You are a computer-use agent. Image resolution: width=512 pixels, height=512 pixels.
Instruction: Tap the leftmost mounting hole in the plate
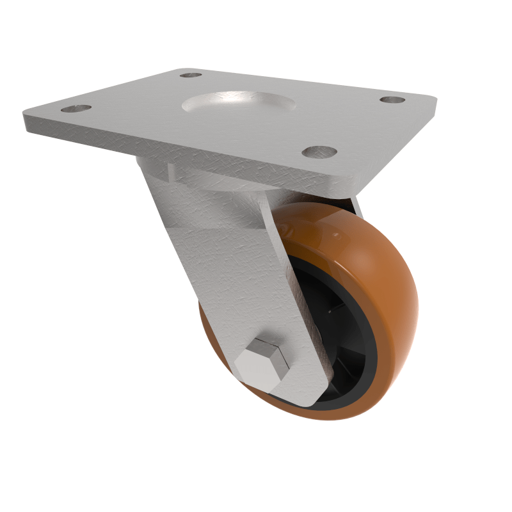(76, 108)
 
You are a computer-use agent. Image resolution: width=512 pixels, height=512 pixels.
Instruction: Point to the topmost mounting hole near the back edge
(191, 75)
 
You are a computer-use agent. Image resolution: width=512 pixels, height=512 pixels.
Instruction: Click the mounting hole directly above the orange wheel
(319, 152)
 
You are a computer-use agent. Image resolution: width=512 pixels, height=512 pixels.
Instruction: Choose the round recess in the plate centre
(238, 103)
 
